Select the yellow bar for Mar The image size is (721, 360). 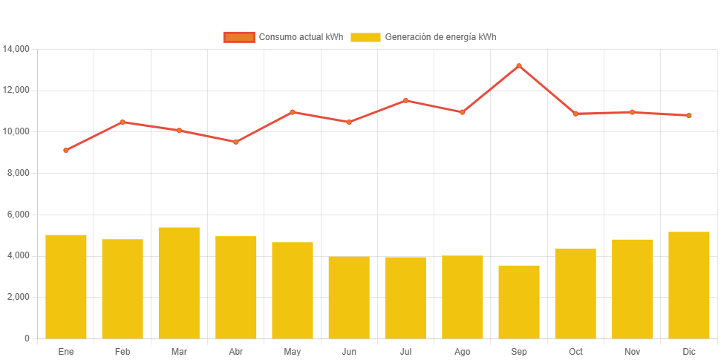pos(179,283)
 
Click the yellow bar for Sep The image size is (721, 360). pos(519,301)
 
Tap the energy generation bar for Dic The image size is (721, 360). pos(689,285)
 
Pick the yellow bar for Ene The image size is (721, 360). pos(66,287)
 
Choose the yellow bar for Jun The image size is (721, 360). pos(349,297)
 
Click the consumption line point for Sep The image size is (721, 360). pos(519,66)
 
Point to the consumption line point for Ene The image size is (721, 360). pos(66,150)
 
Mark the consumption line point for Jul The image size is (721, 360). pos(406,100)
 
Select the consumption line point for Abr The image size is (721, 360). pos(236,142)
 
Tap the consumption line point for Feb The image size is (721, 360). pos(123,122)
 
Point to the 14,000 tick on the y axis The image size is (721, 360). pos(16,49)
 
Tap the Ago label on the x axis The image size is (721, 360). pos(463,351)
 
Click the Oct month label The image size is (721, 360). pos(575,351)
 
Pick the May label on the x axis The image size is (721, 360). pos(293,351)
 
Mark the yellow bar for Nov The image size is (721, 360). pos(633,288)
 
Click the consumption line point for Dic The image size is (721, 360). pos(689,116)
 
